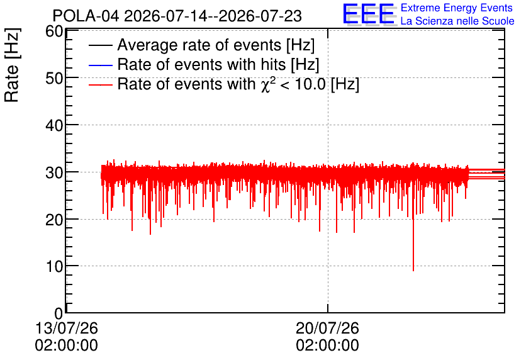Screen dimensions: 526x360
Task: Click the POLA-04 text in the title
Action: (x=86, y=16)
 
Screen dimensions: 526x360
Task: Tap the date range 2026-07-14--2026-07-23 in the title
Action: (x=213, y=16)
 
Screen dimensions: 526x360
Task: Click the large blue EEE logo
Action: (x=369, y=14)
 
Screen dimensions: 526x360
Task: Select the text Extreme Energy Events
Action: (x=457, y=8)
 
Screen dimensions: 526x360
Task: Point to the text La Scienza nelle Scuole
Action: (x=457, y=21)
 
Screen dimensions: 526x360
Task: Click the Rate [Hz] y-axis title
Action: (x=12, y=65)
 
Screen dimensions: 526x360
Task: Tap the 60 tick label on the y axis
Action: (x=54, y=31)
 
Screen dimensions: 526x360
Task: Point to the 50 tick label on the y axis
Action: (x=54, y=79)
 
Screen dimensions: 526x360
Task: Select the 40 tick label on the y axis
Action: (x=54, y=126)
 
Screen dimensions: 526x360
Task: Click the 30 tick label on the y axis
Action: (x=54, y=173)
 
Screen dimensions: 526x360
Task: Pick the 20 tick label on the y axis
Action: (x=54, y=220)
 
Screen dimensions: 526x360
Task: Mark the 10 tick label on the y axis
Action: (x=54, y=267)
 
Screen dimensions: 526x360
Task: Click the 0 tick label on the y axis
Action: (x=59, y=313)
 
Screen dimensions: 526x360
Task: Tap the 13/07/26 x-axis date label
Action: (x=67, y=328)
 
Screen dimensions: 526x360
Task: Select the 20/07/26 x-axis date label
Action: (x=327, y=328)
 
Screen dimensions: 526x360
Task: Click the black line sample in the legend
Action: (x=100, y=45)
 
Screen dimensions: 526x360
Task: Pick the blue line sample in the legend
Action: (x=100, y=65)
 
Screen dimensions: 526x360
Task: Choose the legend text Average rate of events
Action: (x=199, y=45)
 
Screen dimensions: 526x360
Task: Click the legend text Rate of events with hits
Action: (x=201, y=65)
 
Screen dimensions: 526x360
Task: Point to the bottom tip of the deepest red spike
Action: (x=413, y=271)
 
